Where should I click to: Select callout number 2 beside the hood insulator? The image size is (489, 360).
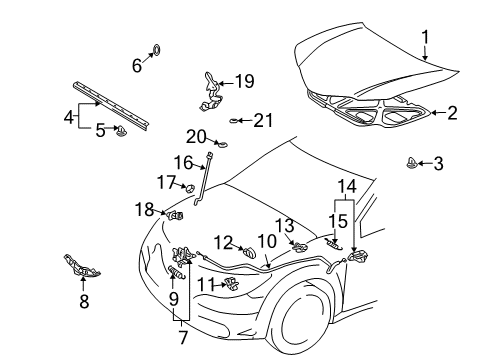452,113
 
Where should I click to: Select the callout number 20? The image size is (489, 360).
197,138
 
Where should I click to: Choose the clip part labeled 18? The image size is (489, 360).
175,213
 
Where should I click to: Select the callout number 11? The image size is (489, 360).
204,285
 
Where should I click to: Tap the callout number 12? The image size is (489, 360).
222,241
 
